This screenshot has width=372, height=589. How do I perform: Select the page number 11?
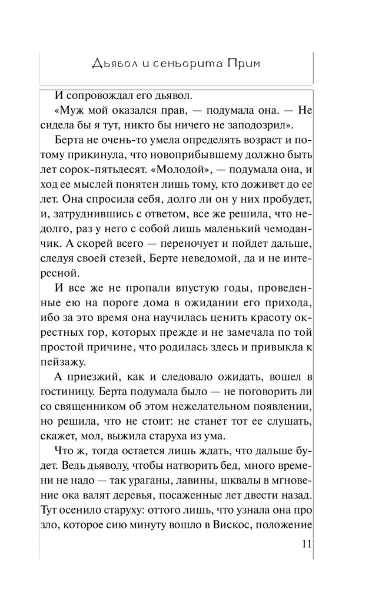click(304, 544)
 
